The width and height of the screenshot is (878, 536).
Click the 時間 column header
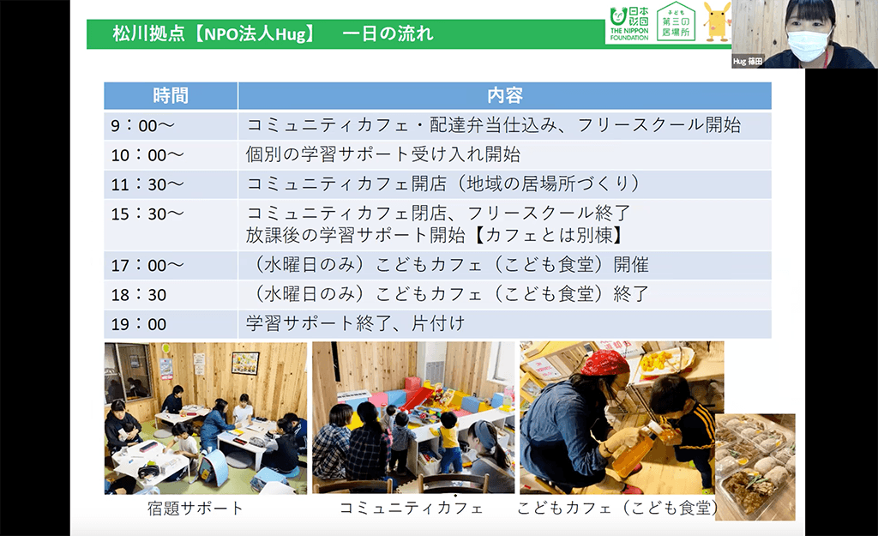click(171, 95)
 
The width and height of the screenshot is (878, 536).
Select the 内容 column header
click(504, 95)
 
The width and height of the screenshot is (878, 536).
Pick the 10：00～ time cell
click(147, 155)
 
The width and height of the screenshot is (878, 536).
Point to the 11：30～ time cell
click(147, 184)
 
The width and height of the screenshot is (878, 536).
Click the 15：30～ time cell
click(147, 214)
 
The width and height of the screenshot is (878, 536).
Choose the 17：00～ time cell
click(147, 265)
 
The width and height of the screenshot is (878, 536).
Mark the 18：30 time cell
click(138, 294)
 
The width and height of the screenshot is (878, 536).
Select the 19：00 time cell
click(138, 324)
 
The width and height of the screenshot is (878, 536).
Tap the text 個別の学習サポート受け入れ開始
click(383, 155)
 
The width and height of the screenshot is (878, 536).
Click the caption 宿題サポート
click(196, 508)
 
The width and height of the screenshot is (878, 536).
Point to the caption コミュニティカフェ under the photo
click(412, 508)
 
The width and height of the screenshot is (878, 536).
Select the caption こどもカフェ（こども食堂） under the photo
click(618, 508)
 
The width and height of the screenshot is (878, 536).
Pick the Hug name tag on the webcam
click(747, 62)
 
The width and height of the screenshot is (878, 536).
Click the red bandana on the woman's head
click(606, 363)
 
